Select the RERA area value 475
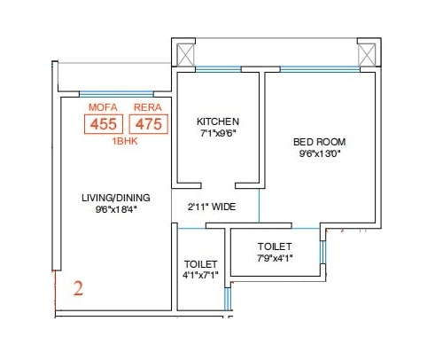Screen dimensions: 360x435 [x=148, y=124]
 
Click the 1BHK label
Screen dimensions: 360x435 [x=125, y=141]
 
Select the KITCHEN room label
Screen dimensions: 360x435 [x=218, y=121]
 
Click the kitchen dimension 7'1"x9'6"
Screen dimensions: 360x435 [x=218, y=134]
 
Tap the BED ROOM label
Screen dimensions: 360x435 [x=320, y=142]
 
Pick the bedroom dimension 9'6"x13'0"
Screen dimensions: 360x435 [x=320, y=154]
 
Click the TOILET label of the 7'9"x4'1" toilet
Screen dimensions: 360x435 [x=275, y=246]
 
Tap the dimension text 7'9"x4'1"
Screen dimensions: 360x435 [x=275, y=258]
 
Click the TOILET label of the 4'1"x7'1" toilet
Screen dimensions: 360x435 [x=200, y=264]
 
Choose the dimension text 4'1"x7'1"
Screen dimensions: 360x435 [x=200, y=276]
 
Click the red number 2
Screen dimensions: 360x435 [x=78, y=288]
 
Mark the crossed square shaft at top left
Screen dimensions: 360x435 [x=184, y=54]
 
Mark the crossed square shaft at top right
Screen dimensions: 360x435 [x=367, y=54]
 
